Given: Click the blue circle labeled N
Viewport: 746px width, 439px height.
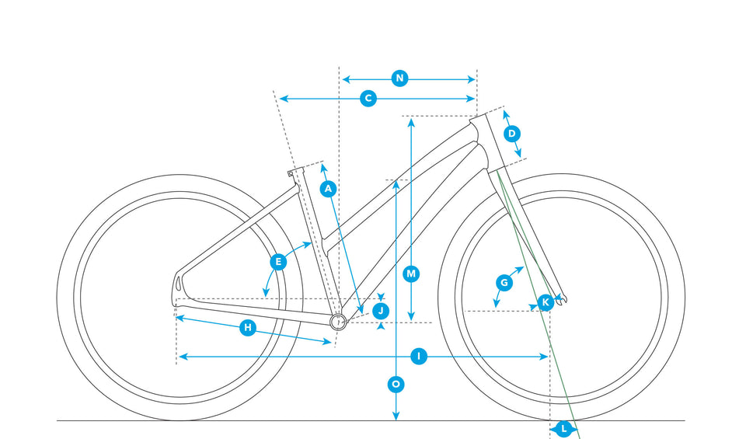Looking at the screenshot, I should pyautogui.click(x=399, y=78).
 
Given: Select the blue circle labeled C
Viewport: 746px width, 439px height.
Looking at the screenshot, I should pyautogui.click(x=368, y=99).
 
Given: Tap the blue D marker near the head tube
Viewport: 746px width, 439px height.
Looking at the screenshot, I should pyautogui.click(x=511, y=134).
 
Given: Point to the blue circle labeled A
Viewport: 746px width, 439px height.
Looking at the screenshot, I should pyautogui.click(x=328, y=188).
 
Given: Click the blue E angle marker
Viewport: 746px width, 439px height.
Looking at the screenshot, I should pyautogui.click(x=277, y=262).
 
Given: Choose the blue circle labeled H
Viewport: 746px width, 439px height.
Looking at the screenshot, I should pyautogui.click(x=247, y=328).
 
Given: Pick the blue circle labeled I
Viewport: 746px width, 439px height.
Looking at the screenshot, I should pyautogui.click(x=418, y=357).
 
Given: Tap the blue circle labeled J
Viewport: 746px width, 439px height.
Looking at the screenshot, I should pyautogui.click(x=380, y=311).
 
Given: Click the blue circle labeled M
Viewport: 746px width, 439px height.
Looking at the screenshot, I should pyautogui.click(x=411, y=274).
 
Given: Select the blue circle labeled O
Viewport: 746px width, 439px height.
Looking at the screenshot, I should pyautogui.click(x=396, y=383).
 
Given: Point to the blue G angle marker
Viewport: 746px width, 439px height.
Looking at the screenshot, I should pyautogui.click(x=504, y=283).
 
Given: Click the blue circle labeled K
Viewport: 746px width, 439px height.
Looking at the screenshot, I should pyautogui.click(x=546, y=301).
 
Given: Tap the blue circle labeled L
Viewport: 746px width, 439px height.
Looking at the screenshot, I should pyautogui.click(x=563, y=428).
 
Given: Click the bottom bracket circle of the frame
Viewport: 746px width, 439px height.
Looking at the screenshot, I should pyautogui.click(x=338, y=322).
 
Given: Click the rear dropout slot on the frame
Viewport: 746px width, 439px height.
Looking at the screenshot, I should pyautogui.click(x=179, y=280).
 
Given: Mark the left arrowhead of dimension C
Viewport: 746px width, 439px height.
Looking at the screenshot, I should pyautogui.click(x=281, y=99).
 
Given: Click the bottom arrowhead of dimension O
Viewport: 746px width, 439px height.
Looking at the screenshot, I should pyautogui.click(x=396, y=418).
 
